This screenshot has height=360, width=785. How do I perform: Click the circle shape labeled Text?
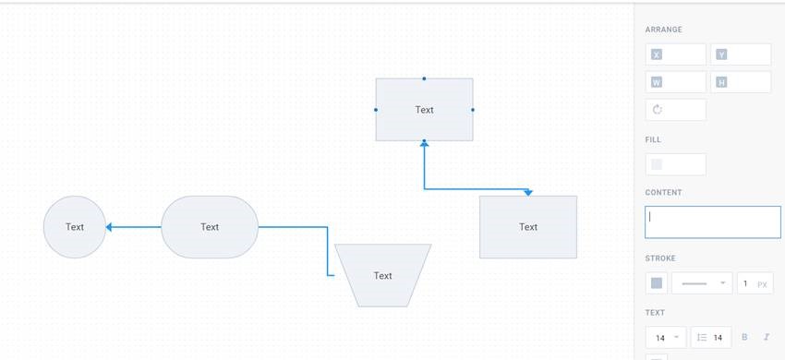tap(75, 227)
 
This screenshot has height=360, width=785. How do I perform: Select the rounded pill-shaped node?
tap(210, 227)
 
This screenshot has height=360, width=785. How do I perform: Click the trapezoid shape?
tap(382, 275)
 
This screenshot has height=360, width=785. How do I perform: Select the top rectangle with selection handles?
tap(424, 110)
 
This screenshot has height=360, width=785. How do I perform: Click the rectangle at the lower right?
tap(528, 227)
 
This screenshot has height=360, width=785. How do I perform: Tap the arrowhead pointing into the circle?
tap(110, 227)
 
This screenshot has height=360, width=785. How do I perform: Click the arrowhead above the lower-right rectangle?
tap(528, 192)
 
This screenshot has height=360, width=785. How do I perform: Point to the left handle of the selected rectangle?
tap(376, 110)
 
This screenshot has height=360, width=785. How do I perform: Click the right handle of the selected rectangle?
tap(473, 110)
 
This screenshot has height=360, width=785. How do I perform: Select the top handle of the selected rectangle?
tap(424, 78)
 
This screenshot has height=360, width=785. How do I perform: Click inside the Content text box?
tap(713, 222)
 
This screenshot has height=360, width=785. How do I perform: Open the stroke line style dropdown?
tap(702, 283)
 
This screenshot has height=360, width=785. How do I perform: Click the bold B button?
tap(744, 338)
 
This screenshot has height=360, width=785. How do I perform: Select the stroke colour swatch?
tap(657, 283)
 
